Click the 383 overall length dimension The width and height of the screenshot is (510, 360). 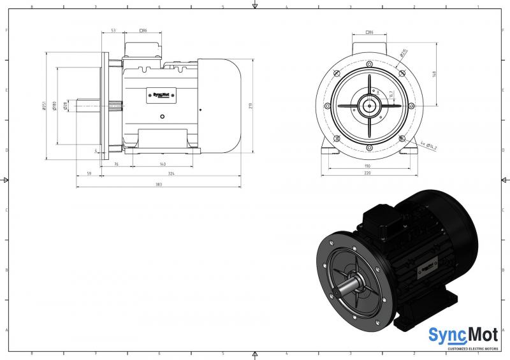point(158,185)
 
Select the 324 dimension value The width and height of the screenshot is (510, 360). point(171,174)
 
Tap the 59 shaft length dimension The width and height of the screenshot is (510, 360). point(89,174)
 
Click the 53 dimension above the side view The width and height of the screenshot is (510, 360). point(113,31)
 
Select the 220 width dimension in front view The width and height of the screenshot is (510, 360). point(368,174)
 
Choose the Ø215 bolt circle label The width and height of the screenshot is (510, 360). point(404,53)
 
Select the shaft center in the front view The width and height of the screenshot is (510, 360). point(369,106)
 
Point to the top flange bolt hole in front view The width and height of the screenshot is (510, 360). point(369,64)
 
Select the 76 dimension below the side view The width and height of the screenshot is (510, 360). point(117,164)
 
